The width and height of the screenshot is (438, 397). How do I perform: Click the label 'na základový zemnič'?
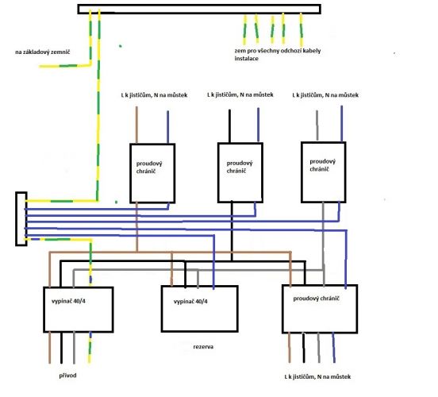click(43, 52)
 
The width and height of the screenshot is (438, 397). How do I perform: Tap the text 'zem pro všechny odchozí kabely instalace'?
click(278, 55)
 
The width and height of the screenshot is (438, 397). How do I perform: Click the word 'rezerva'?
click(203, 347)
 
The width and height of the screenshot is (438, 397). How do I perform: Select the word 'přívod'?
click(67, 376)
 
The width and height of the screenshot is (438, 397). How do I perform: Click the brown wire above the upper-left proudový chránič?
click(136, 125)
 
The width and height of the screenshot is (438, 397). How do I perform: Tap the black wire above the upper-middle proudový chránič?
click(229, 126)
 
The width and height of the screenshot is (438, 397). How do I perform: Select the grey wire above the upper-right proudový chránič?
click(317, 125)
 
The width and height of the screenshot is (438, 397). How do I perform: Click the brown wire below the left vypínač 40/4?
click(50, 348)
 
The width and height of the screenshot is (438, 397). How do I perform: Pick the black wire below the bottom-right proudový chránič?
click(304, 348)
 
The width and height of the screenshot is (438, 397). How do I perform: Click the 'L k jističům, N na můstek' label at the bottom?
click(317, 377)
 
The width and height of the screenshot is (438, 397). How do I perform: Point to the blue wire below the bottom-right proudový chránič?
click(333, 348)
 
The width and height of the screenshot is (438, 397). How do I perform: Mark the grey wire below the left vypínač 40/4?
click(74, 348)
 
